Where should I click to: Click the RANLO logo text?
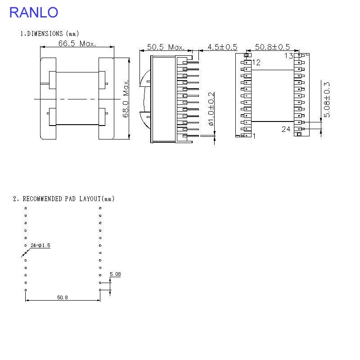pyautogui.click(x=34, y=12)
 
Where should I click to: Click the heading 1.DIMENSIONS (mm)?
pyautogui.click(x=49, y=34)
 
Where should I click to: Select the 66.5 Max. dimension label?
pyautogui.click(x=77, y=44)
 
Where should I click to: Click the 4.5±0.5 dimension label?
pyautogui.click(x=222, y=47)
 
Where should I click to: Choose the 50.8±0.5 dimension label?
pyautogui.click(x=273, y=47)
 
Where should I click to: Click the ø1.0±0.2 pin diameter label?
pyautogui.click(x=211, y=109)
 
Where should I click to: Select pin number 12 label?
pyautogui.click(x=256, y=63)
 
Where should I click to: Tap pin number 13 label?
pyautogui.click(x=288, y=56)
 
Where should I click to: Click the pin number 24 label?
pyautogui.click(x=286, y=129)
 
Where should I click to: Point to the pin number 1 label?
pyautogui.click(x=254, y=135)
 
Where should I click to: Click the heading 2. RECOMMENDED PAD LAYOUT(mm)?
pyautogui.click(x=63, y=198)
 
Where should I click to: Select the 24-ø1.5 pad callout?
pyautogui.click(x=40, y=245)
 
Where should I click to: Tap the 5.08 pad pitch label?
pyautogui.click(x=115, y=274)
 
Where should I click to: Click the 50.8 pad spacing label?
pyautogui.click(x=63, y=297)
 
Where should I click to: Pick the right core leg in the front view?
pyautogui.click(x=106, y=99)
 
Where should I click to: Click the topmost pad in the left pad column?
pyautogui.click(x=26, y=208)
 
